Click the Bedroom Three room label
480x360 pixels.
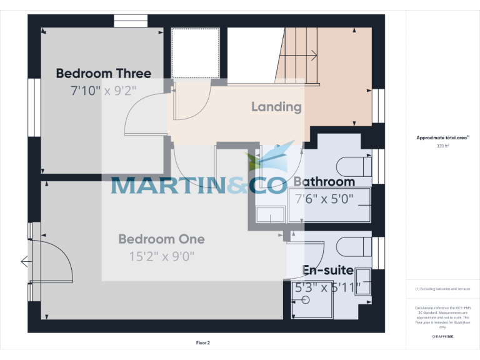coord(103,73)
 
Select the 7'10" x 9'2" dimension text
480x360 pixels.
coord(103,91)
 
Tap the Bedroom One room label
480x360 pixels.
coord(161,239)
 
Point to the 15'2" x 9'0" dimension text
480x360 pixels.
coord(161,256)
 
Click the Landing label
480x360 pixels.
coord(276,107)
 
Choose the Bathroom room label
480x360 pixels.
coord(324,182)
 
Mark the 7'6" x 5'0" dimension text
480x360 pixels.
coord(324,199)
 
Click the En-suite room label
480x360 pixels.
coord(327,270)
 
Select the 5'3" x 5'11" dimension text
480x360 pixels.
coord(327,288)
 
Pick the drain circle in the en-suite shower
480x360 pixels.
coord(306,301)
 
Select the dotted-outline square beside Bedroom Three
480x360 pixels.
coord(195,52)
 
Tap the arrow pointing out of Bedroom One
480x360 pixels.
coord(25,262)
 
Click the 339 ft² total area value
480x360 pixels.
coord(442,146)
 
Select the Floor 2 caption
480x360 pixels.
coord(203,343)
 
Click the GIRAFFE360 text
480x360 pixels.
coord(442,336)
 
